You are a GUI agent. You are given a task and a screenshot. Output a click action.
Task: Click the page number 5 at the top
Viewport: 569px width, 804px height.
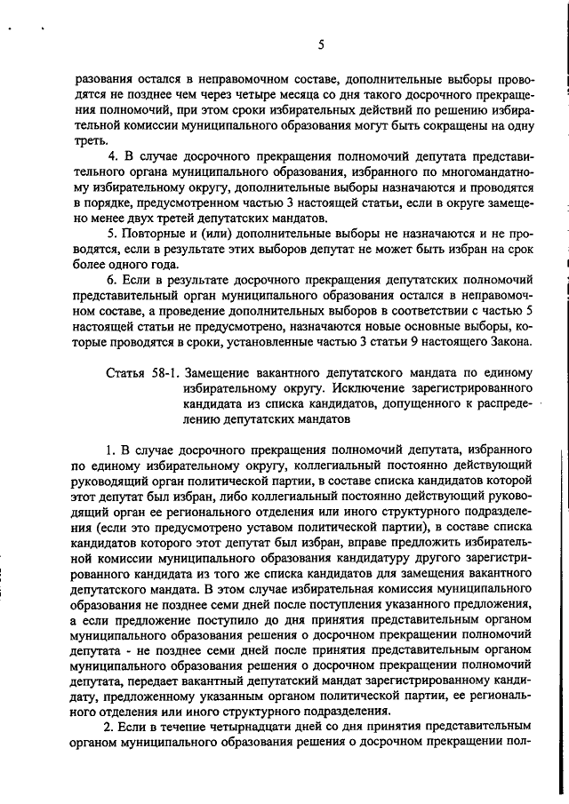click(x=321, y=44)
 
